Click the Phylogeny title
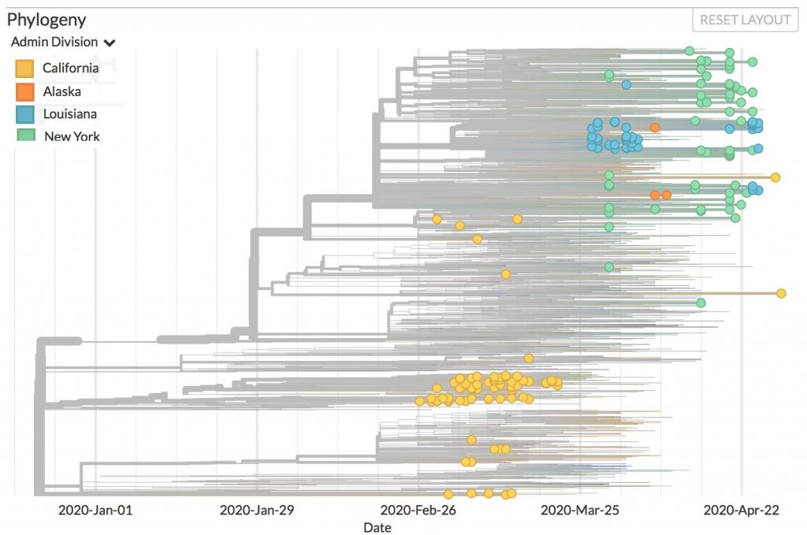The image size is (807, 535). point(46,19)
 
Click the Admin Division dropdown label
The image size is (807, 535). point(54,42)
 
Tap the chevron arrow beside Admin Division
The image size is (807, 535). point(110,43)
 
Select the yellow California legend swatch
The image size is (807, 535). point(25,69)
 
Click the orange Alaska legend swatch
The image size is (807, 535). point(25,91)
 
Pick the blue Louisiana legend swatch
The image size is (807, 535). point(25,114)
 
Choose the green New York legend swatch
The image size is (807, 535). point(25,136)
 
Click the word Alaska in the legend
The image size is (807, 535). point(62,91)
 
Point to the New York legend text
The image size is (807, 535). point(72,136)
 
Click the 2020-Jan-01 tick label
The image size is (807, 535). point(95,510)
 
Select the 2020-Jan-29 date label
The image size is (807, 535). point(256,510)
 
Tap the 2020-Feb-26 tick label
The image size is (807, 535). point(418,510)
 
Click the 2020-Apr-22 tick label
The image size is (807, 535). point(741,510)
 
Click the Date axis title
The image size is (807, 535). point(377,527)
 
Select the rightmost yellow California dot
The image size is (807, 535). point(781,293)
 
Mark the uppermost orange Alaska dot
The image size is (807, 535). point(655,127)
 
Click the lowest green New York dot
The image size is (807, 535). point(701,303)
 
